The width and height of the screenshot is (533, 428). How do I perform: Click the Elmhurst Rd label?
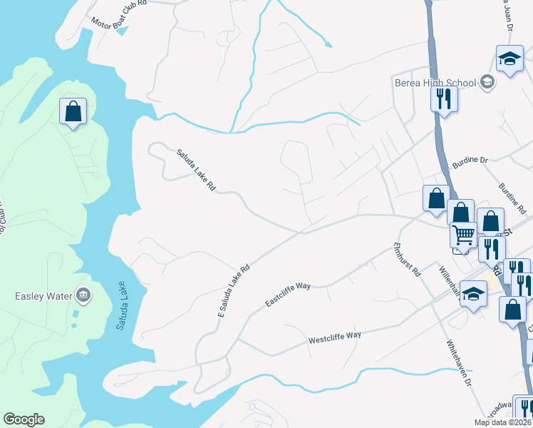pyautogui.click(x=408, y=260)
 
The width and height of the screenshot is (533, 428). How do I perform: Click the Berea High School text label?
pyautogui.click(x=435, y=83)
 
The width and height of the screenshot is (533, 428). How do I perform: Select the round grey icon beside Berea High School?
pyautogui.click(x=487, y=83)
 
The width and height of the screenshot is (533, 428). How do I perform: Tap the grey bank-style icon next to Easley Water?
pyautogui.click(x=83, y=295)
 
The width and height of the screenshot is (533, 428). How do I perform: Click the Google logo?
pyautogui.click(x=24, y=419)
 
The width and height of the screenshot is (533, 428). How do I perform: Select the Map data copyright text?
pyautogui.click(x=502, y=422)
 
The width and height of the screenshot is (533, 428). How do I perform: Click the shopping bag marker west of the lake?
pyautogui.click(x=73, y=111)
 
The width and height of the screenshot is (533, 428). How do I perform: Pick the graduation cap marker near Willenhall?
pyautogui.click(x=473, y=294)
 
